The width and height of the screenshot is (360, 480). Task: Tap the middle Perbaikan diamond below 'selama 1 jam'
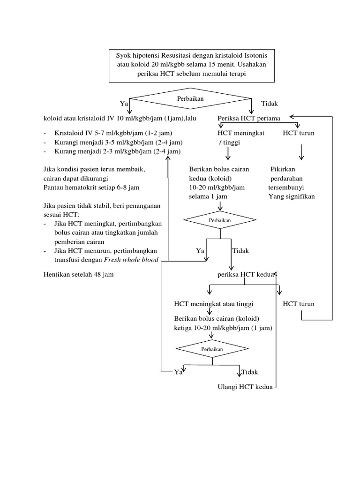click(220, 219)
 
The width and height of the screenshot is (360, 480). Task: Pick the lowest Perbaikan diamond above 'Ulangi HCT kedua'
click(212, 350)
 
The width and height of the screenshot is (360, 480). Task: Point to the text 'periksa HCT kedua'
click(245, 275)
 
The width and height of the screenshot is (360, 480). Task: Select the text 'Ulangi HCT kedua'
click(245, 387)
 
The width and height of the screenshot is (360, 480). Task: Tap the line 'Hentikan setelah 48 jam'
click(78, 275)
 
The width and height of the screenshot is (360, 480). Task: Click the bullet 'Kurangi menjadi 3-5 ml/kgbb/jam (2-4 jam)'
click(118, 142)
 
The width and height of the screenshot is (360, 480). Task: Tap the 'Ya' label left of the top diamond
click(124, 103)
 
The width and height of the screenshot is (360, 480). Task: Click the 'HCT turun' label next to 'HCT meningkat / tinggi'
click(299, 133)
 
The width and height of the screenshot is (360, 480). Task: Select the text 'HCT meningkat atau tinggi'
click(216, 304)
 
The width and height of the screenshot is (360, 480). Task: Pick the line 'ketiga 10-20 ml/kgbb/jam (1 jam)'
click(223, 328)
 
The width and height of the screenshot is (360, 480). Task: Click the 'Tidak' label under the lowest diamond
click(250, 372)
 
